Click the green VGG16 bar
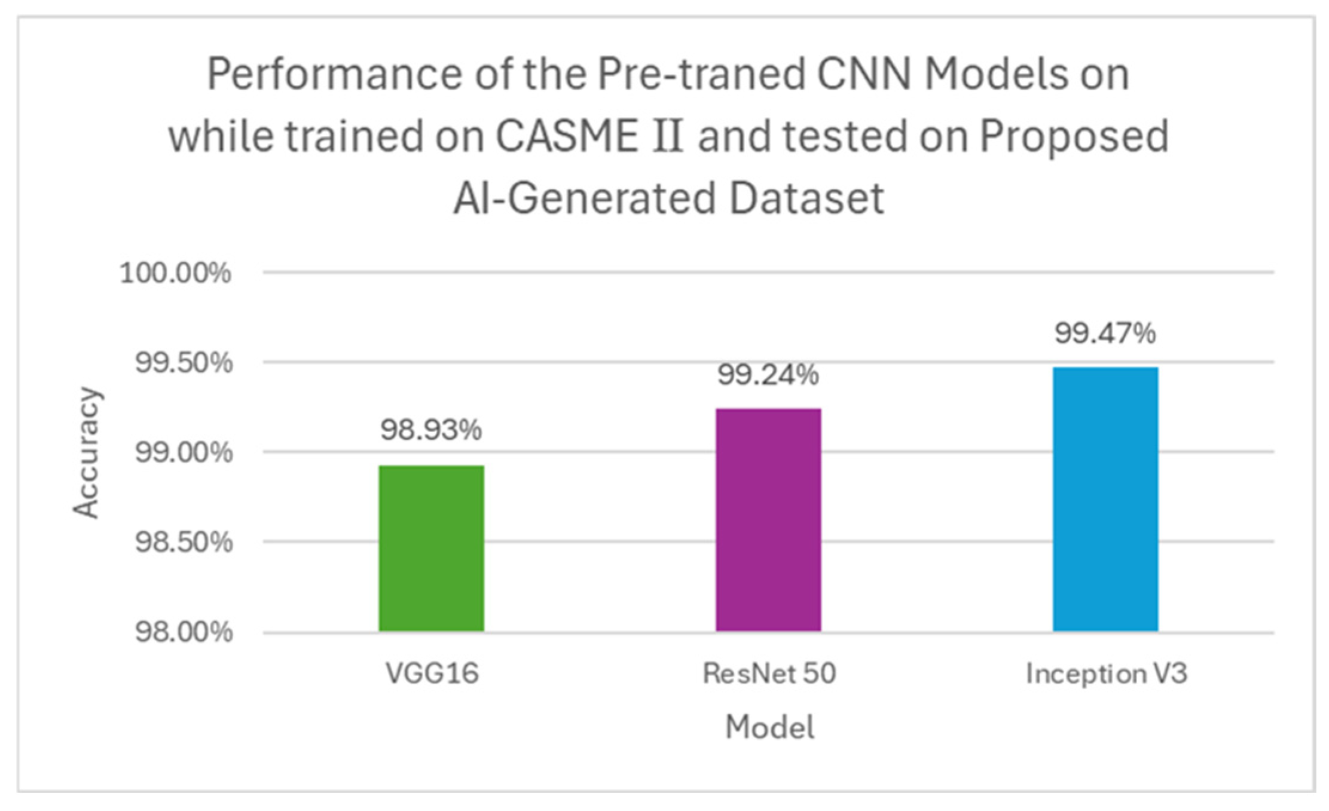pyautogui.click(x=431, y=548)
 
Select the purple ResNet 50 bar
pyautogui.click(x=768, y=520)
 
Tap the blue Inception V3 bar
pyautogui.click(x=1105, y=499)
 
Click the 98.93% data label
pyautogui.click(x=431, y=430)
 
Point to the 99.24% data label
pyautogui.click(x=768, y=375)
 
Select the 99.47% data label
pyautogui.click(x=1105, y=333)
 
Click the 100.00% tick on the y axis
pyautogui.click(x=176, y=274)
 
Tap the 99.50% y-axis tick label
pyautogui.click(x=184, y=363)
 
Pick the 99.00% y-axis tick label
pyautogui.click(x=184, y=452)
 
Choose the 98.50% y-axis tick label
pyautogui.click(x=184, y=543)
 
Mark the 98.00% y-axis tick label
pyautogui.click(x=184, y=632)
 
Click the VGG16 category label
pyautogui.click(x=432, y=674)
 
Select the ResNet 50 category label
pyautogui.click(x=769, y=674)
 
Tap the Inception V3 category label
pyautogui.click(x=1107, y=674)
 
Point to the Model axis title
pyautogui.click(x=769, y=727)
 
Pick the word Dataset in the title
pyautogui.click(x=806, y=199)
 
